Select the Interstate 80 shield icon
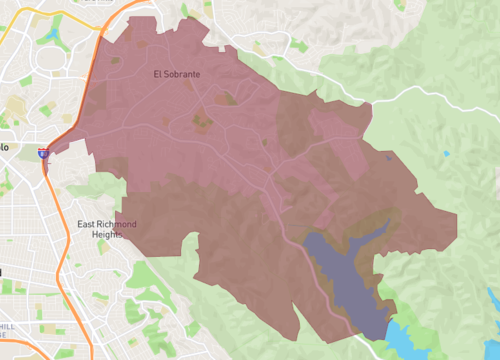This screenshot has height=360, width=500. [43, 152]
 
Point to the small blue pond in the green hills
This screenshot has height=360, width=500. [446, 153]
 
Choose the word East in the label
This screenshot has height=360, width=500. [85, 224]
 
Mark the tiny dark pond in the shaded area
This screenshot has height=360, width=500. [389, 156]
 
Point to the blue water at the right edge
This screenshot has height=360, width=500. [493, 300]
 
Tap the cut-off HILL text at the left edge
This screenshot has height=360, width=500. [5, 326]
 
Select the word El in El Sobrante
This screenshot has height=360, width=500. [158, 74]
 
